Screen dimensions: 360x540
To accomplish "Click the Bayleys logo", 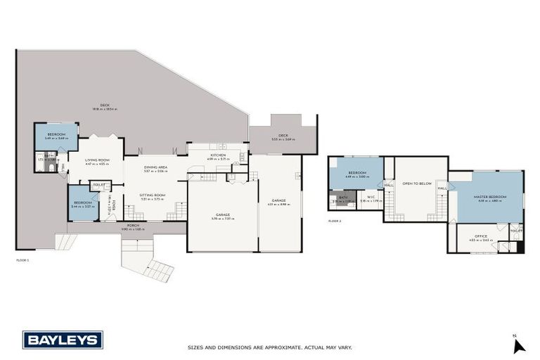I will pos(63,340).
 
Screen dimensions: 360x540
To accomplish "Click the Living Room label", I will pos(96,160).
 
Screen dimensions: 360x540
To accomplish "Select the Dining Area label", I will pos(155,167).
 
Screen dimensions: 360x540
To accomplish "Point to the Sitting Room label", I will pos(152,195).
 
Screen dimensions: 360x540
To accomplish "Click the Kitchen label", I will pos(217,155).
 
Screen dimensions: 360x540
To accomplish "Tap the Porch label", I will pos(132,225).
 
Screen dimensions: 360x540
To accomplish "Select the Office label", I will pos(481,236).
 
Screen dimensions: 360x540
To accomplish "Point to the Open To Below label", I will pos(416,183).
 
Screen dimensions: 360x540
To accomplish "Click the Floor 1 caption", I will pos(22,260).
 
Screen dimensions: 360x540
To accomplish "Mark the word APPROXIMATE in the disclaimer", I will pos(277,347).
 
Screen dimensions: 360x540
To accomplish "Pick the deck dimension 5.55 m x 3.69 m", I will pos(283,139).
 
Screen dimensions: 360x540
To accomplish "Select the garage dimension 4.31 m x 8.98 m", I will pos(279,204).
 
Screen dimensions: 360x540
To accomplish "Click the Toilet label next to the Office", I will pos(516,231).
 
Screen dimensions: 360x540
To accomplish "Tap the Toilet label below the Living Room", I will pos(99,185).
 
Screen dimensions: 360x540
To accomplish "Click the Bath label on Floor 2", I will pos(343,197).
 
